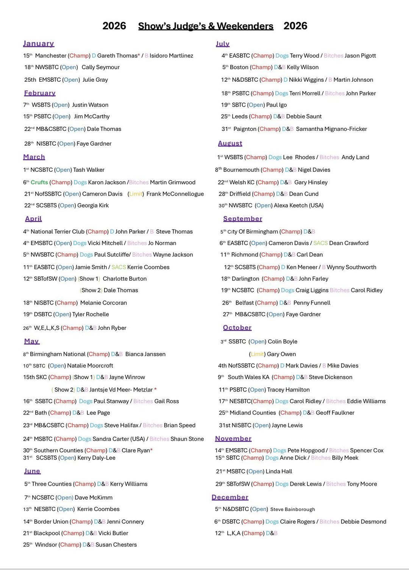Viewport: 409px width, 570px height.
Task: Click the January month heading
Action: coord(39,44)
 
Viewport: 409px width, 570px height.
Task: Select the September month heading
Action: coord(242,219)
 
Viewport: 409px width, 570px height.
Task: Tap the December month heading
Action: coord(230,497)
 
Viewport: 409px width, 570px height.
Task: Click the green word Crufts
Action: coord(39,182)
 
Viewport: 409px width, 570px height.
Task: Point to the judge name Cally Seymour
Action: coord(100,67)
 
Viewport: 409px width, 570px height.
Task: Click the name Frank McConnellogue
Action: coord(175,194)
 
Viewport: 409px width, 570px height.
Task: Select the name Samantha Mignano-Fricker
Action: coord(331,129)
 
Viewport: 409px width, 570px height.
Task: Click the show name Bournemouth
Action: coord(241,170)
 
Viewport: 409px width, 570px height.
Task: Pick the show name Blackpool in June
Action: coord(47,533)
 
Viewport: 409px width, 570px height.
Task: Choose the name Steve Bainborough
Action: coord(292,509)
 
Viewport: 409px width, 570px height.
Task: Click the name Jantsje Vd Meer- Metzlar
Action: coord(121,390)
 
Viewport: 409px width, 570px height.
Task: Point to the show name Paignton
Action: coord(245,129)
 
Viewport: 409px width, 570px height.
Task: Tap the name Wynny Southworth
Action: coord(351,267)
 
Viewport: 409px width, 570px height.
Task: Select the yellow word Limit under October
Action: coord(257,354)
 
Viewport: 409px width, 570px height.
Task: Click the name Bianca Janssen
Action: coord(145,354)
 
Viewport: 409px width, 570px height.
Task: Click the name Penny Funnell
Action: coord(312,303)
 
